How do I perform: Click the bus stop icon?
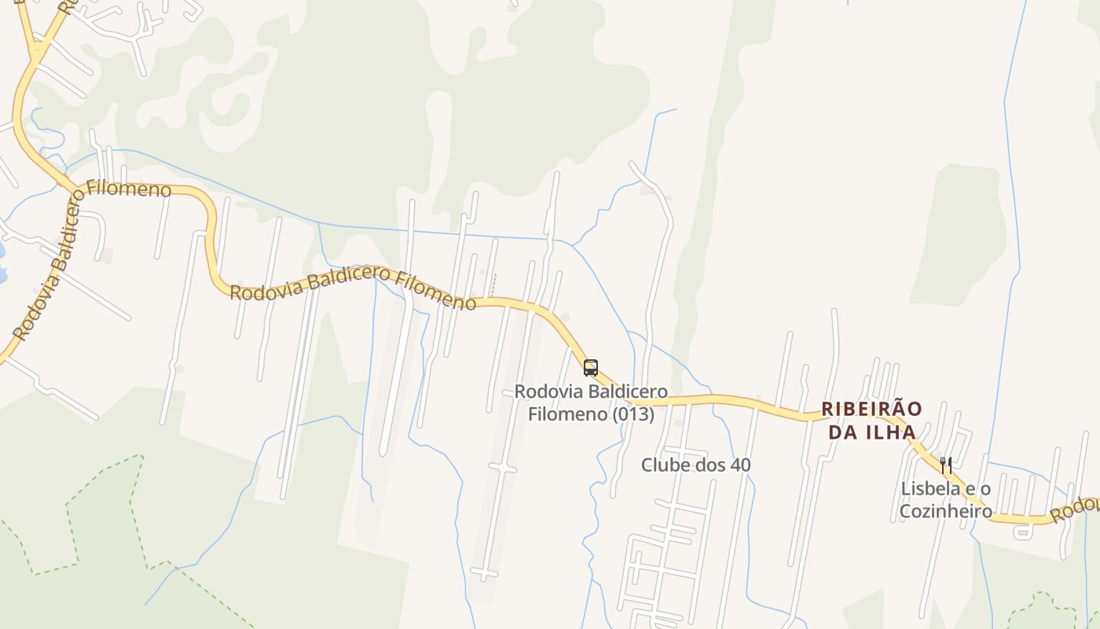[x=591, y=367]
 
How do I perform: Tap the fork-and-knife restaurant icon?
[x=946, y=465]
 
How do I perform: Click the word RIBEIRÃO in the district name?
[x=871, y=410]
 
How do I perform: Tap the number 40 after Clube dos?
[x=740, y=465]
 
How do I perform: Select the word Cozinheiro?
[x=946, y=510]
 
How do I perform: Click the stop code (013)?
[x=633, y=414]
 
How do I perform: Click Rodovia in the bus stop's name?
[x=543, y=392]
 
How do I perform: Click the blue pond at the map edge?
[x=2, y=259]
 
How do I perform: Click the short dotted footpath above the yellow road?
[x=493, y=285]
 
